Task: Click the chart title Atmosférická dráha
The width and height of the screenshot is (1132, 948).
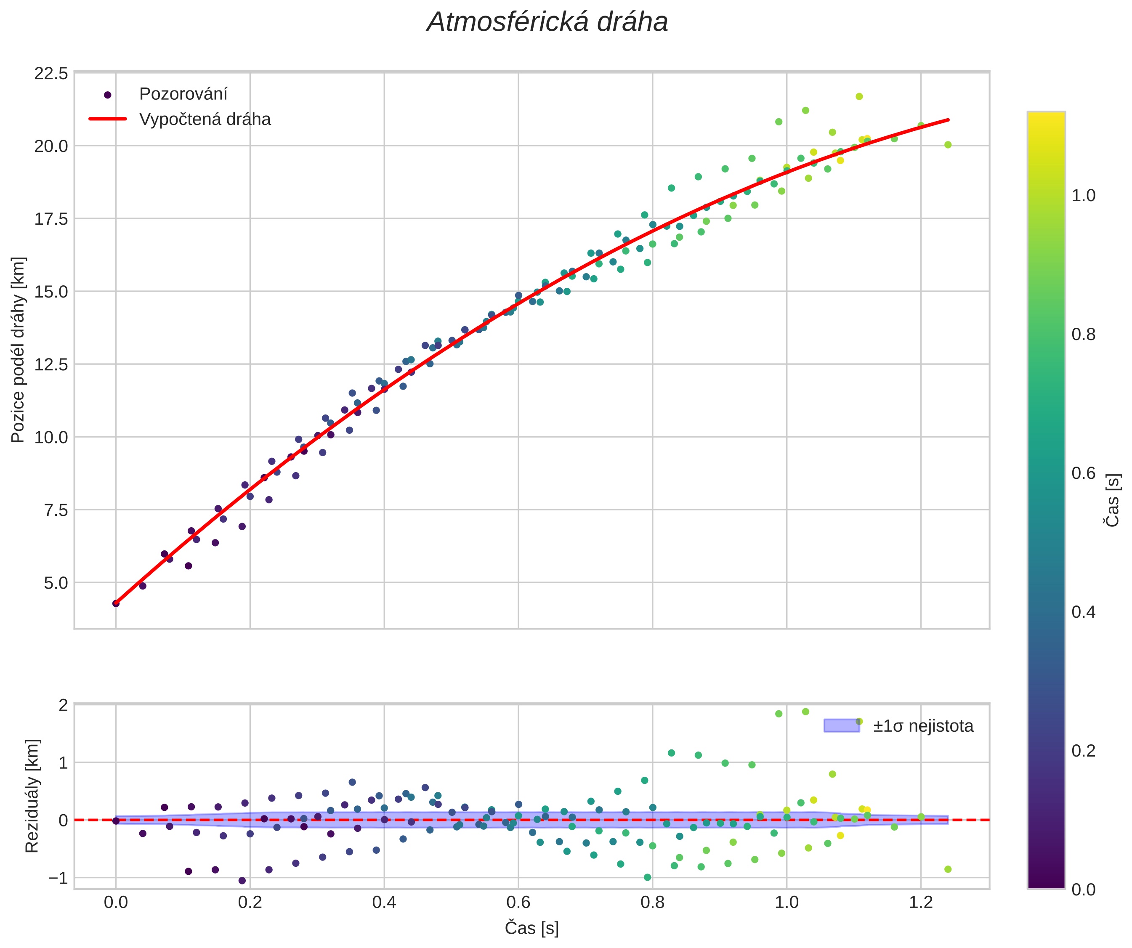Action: [x=547, y=23]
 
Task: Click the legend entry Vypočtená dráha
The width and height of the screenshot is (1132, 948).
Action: [x=205, y=119]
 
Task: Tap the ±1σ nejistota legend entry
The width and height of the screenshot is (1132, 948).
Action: [x=923, y=726]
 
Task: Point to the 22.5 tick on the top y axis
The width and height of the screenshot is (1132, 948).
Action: [x=51, y=73]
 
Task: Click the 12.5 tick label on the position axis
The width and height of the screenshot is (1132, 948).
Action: [x=51, y=365]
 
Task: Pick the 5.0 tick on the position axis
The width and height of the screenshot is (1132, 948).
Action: [x=56, y=583]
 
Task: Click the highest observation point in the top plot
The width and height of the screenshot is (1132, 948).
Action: [x=859, y=96]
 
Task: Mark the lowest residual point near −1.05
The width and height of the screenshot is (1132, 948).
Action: [x=242, y=881]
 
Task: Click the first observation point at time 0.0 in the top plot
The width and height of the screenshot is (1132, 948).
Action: [x=116, y=603]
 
